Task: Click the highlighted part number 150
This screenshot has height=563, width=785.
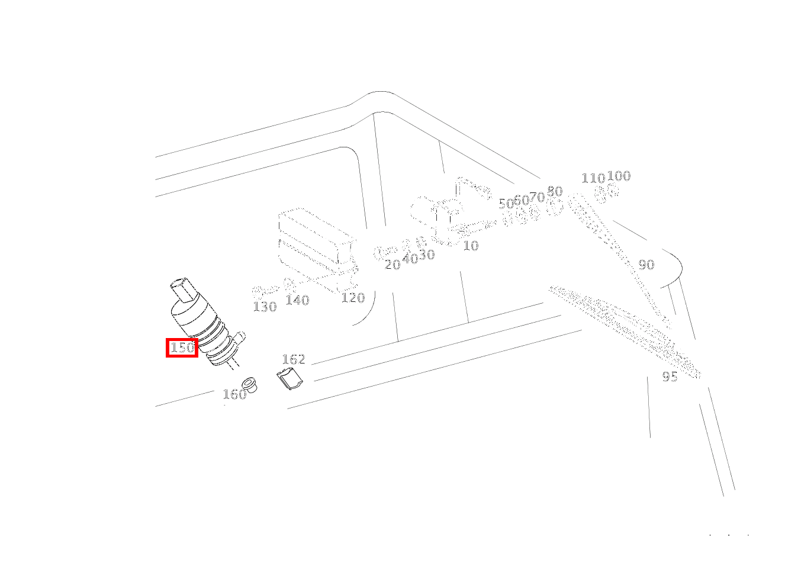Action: [x=182, y=348]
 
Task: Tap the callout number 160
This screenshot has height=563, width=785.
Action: [x=234, y=394]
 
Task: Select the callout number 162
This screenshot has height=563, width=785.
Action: [x=294, y=359]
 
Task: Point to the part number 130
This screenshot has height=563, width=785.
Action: [x=265, y=307]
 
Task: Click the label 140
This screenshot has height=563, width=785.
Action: [x=298, y=300]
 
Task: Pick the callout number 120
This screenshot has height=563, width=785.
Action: [x=353, y=298]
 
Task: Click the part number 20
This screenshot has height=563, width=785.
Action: [x=392, y=265]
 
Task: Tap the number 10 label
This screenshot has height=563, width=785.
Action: [x=471, y=246]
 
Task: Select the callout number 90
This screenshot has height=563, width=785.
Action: [x=646, y=265]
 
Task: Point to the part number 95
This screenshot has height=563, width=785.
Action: [x=670, y=377]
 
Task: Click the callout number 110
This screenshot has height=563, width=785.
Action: [x=593, y=178]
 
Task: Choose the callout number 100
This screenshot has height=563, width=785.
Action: [x=619, y=175]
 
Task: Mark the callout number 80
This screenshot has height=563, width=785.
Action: [x=555, y=191]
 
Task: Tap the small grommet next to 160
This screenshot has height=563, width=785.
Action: [x=249, y=385]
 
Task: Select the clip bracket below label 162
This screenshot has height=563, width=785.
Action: [x=290, y=378]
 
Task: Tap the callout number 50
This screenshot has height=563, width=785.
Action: [x=506, y=203]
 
